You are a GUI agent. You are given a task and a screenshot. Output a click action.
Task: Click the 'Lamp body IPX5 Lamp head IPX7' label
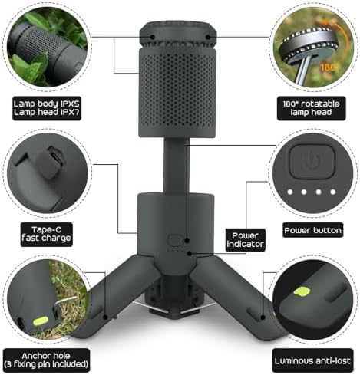click(47, 108)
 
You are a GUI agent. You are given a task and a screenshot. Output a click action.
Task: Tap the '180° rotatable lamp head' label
click(311, 108)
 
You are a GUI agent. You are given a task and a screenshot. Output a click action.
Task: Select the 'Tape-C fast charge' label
click(46, 235)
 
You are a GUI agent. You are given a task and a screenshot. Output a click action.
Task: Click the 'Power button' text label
click(312, 230)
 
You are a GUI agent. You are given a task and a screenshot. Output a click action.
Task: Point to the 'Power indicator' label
click(245, 240)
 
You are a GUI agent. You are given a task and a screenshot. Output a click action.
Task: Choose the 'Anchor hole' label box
click(46, 360)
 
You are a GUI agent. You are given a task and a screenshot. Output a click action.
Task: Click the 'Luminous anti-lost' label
click(312, 360)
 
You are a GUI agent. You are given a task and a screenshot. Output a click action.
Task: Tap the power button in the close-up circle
click(312, 162)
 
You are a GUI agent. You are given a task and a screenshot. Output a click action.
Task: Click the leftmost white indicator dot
click(290, 192)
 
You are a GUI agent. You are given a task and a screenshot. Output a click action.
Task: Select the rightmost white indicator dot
click(333, 192)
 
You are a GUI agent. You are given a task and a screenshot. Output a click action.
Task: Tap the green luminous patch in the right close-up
click(302, 291)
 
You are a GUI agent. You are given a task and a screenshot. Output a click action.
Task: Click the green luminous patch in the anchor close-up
click(41, 321)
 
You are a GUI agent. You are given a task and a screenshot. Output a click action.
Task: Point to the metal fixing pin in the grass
click(66, 300)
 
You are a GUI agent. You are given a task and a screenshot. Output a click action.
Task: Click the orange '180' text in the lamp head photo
click(327, 67)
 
